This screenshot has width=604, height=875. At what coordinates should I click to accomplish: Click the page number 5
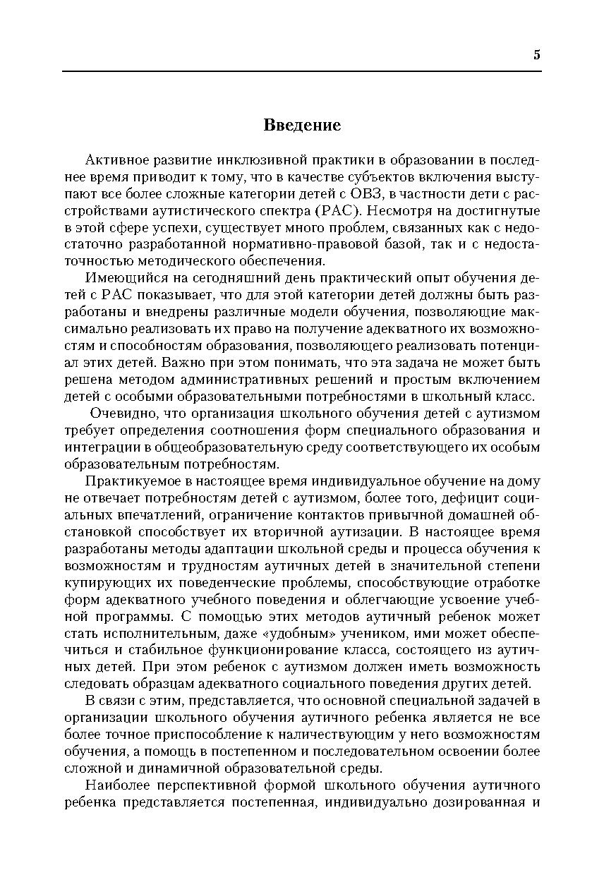(536, 56)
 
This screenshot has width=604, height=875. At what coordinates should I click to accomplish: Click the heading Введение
(302, 126)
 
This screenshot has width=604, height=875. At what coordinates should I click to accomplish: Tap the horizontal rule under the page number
(302, 71)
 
